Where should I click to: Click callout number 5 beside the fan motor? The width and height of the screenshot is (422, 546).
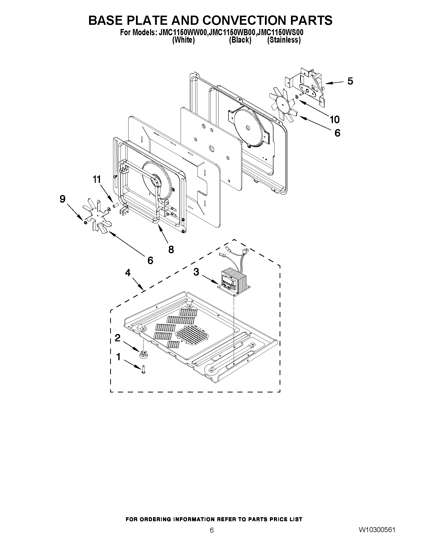coord(350,81)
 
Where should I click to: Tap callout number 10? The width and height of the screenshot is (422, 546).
coord(334,120)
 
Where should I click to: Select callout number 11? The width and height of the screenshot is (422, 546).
coord(97,179)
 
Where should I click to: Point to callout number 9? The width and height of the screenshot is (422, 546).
coord(62,199)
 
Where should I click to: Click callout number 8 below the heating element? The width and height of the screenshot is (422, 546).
coord(171,249)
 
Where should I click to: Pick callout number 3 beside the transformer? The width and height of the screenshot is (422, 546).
coord(196,272)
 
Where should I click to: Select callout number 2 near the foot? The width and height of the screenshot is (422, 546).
coord(117,338)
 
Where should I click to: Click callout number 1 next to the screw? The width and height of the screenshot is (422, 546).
coord(119,357)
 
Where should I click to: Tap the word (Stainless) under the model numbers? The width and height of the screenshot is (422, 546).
coord(284,40)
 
